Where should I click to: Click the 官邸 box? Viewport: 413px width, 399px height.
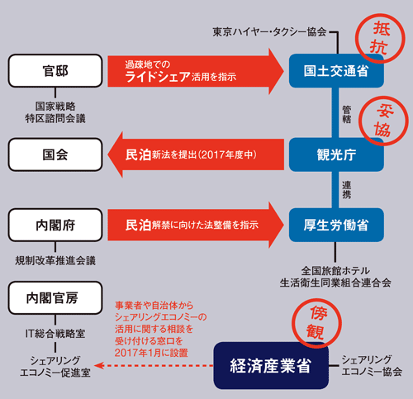55,71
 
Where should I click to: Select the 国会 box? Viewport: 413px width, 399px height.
55,154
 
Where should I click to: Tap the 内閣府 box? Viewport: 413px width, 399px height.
55,225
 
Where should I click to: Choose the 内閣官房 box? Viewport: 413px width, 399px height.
55,297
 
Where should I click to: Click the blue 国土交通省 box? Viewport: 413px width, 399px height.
336,71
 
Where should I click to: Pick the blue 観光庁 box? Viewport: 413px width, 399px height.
336,154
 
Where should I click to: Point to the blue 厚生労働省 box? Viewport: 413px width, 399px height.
336,225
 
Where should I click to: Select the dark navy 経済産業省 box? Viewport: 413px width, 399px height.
271,365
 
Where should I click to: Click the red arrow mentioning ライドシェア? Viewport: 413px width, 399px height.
196,71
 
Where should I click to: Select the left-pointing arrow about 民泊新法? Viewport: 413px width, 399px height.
196,154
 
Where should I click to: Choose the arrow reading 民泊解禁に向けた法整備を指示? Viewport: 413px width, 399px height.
196,225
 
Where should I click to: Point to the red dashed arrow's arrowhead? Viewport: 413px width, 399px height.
98,365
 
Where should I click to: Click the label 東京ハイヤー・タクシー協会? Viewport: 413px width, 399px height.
269,32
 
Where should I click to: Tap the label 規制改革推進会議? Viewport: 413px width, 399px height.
55,260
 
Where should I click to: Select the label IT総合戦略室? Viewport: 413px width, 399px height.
55,334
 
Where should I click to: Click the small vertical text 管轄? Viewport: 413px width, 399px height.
347,114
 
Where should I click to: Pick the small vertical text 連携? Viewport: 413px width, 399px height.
347,190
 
